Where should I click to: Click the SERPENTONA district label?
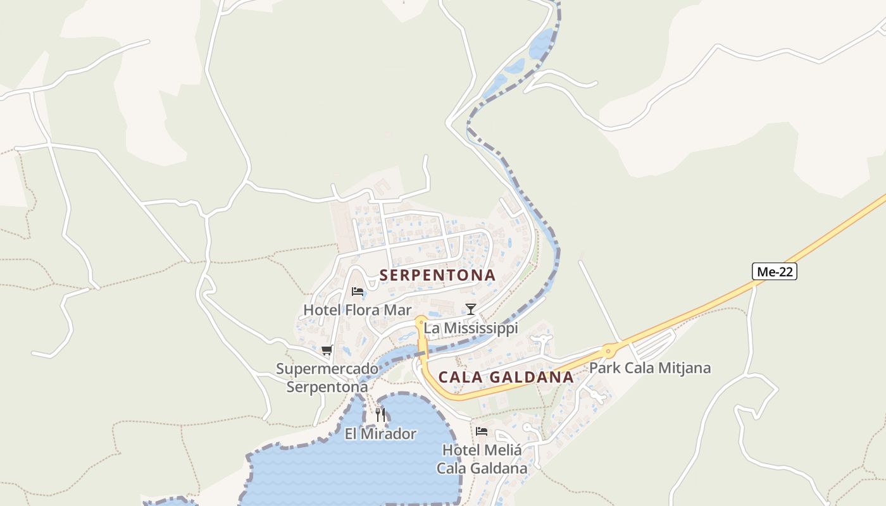click(x=437, y=275)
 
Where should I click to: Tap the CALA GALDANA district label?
click(x=506, y=377)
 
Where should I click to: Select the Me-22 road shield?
click(x=774, y=271)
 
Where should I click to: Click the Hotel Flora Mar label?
click(x=358, y=310)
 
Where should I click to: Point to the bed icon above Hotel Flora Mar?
click(x=358, y=292)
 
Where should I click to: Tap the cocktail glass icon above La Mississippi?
click(x=470, y=309)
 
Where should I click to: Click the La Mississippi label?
click(x=471, y=328)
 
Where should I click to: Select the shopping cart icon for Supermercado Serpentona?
click(x=327, y=350)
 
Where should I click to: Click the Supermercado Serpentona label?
click(x=327, y=378)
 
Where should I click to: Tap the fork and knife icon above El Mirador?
click(x=380, y=415)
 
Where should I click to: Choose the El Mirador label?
click(x=380, y=434)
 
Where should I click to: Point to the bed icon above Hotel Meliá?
click(x=482, y=431)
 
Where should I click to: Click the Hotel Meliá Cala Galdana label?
click(x=482, y=459)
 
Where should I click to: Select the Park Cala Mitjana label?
click(x=650, y=367)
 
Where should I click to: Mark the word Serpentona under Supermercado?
click(x=327, y=386)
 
